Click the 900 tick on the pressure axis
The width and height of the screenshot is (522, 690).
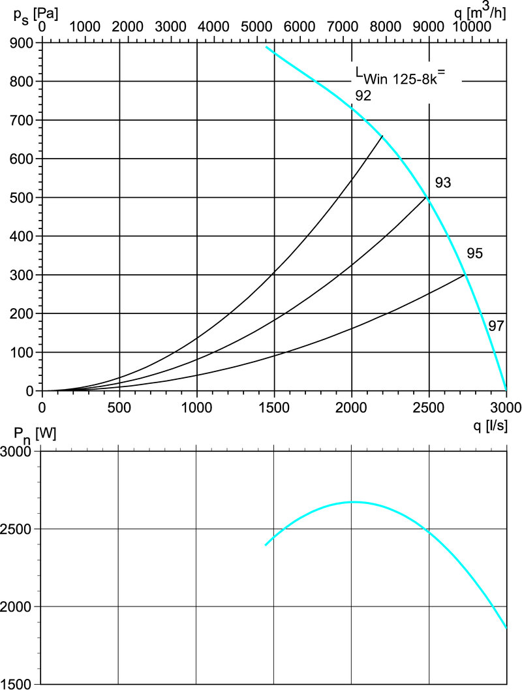tap(42, 42)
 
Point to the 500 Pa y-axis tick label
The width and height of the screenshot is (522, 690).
tap(24, 197)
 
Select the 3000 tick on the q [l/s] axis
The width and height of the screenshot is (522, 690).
tap(506, 391)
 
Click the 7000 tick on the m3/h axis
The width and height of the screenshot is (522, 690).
tap(343, 42)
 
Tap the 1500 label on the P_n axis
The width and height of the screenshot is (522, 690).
tap(20, 684)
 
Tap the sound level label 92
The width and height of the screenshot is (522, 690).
tap(363, 96)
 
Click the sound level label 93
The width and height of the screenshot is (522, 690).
tap(443, 183)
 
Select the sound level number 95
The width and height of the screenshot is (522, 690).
tap(474, 253)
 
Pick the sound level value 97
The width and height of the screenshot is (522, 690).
tap(496, 325)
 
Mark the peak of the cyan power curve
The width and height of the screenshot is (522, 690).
tap(353, 502)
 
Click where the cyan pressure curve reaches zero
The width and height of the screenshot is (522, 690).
tap(506, 390)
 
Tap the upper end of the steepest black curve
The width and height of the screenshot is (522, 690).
tap(382, 135)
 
